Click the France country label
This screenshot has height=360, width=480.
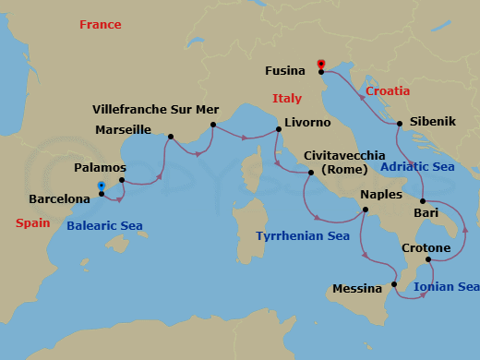click(100, 25)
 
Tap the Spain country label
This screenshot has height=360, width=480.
click(32, 223)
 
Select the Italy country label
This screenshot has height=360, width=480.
click(287, 99)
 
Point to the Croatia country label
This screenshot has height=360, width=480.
click(388, 91)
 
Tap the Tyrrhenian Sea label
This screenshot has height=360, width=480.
click(303, 236)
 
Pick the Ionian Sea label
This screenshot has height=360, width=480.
click(447, 287)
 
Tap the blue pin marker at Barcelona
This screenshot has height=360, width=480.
click(101, 186)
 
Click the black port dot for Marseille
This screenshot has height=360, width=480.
click(171, 138)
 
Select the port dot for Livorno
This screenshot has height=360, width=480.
click(279, 130)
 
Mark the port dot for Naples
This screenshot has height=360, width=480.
click(366, 210)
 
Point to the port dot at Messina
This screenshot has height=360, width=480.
click(394, 284)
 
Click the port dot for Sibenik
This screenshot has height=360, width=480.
click(399, 124)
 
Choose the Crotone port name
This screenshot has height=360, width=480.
click(426, 248)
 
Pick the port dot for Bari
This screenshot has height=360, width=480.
click(422, 201)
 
